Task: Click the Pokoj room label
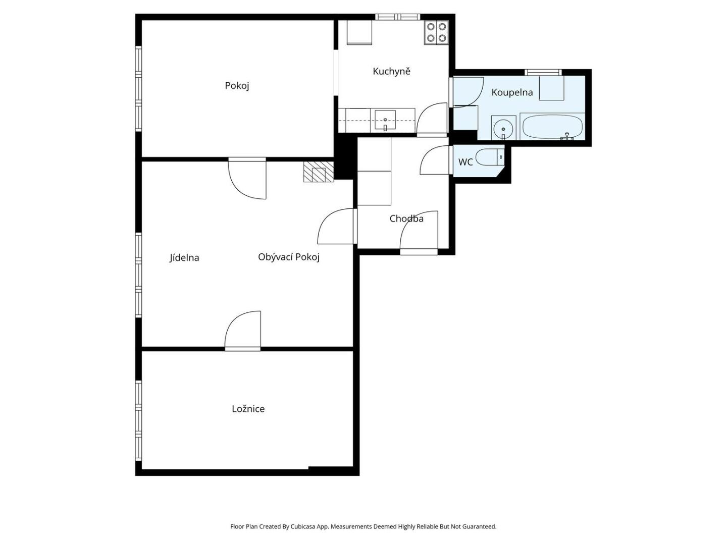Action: (x=236, y=86)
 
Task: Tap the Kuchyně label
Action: (x=391, y=71)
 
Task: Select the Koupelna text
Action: (x=512, y=92)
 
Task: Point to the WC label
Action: (x=465, y=162)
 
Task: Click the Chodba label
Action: (x=406, y=219)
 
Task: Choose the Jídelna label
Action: (x=184, y=257)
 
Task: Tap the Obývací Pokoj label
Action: (x=288, y=257)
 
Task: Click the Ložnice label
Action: (x=248, y=409)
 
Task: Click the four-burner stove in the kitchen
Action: (x=436, y=32)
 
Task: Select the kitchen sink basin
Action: (x=385, y=120)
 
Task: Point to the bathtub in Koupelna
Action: (x=552, y=127)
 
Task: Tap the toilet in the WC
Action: (x=490, y=157)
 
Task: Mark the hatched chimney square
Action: (x=318, y=172)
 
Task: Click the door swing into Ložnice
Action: (x=243, y=330)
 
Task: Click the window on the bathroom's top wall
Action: (x=543, y=72)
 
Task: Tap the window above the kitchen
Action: (x=397, y=17)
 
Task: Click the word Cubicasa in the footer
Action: (x=303, y=526)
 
